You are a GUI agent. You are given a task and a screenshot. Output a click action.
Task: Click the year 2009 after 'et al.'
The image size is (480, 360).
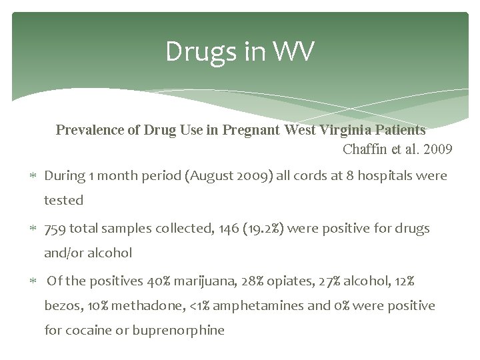[437, 149]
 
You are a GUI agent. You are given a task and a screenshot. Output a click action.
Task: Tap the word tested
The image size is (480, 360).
[63, 200]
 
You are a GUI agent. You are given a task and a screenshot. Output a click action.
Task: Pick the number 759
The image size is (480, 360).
[55, 228]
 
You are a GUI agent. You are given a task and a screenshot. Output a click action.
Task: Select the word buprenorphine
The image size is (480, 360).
[178, 330]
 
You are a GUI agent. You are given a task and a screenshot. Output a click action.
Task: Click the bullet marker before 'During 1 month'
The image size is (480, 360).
[33, 177]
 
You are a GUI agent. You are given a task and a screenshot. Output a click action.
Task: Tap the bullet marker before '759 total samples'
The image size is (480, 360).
[33, 229]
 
